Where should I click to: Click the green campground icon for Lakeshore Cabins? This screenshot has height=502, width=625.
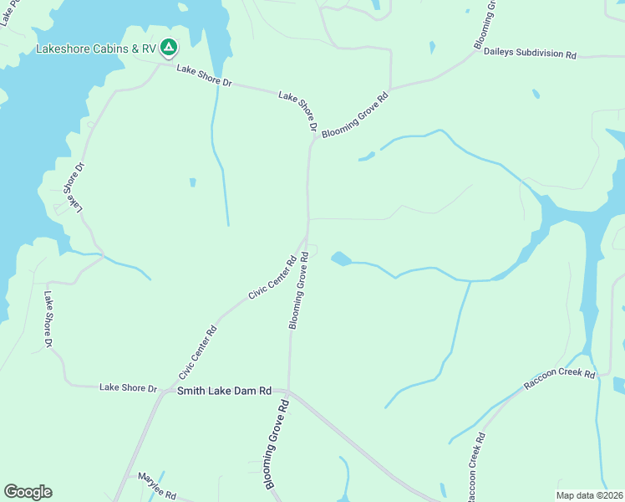click(168, 48)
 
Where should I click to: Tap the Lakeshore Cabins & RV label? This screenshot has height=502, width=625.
click(96, 49)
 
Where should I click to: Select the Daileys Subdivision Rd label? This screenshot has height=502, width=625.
click(530, 54)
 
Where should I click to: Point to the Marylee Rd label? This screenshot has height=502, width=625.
click(157, 486)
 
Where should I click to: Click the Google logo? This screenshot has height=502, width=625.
click(28, 492)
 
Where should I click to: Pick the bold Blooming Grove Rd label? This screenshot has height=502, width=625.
click(277, 444)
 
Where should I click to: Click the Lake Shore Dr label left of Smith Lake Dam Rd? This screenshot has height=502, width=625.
click(128, 387)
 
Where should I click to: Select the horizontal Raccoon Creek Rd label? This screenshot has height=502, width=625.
click(559, 379)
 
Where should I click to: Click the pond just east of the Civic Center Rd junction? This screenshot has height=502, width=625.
click(340, 259)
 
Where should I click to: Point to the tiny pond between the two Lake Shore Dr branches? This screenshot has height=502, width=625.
click(192, 182)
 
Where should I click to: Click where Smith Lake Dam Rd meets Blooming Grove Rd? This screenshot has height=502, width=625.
click(288, 390)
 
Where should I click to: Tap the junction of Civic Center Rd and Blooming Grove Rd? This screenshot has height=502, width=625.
click(307, 237)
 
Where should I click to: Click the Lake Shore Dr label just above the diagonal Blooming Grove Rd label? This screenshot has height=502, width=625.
click(298, 111)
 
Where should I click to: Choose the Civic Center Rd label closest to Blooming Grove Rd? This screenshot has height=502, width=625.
click(273, 278)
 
